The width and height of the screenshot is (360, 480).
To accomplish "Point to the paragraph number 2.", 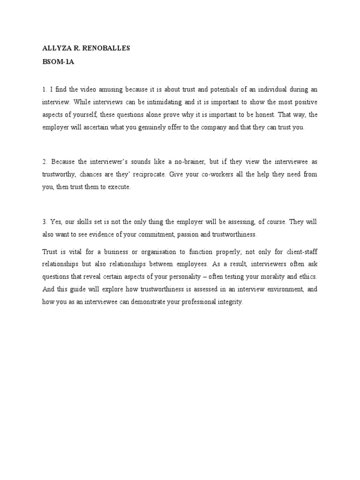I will point(45,162).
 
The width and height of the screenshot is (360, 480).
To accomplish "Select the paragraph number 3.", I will point(45,222).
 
